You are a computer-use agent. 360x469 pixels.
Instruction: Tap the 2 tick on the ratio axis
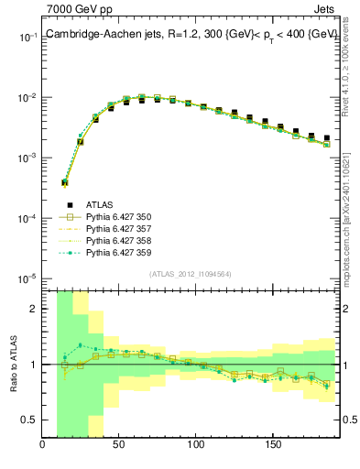35,309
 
